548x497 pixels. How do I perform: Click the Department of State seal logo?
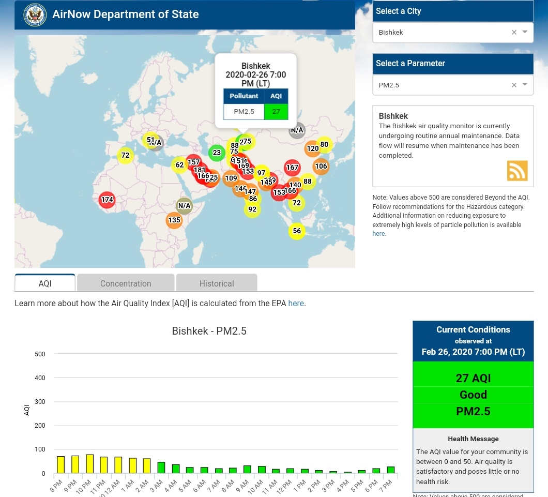35,14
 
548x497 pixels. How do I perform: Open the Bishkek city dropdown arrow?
525,32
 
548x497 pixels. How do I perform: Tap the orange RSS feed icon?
517,171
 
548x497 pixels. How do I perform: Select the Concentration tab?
126,283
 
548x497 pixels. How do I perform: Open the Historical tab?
217,283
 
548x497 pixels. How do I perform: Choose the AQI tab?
45,283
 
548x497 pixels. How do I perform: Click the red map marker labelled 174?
107,200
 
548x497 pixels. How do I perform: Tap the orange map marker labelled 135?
174,220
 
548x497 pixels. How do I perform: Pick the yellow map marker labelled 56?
297,231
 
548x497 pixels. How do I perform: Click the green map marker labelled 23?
217,153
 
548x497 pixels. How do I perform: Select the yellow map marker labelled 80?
324,144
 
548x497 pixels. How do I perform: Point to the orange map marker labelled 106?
321,166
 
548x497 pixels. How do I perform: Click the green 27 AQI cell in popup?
276,112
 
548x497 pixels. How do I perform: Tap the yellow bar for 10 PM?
89,464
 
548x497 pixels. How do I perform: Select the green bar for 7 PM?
391,470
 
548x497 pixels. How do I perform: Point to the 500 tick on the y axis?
40,354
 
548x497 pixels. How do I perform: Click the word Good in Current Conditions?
473,395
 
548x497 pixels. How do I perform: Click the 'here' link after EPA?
296,304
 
